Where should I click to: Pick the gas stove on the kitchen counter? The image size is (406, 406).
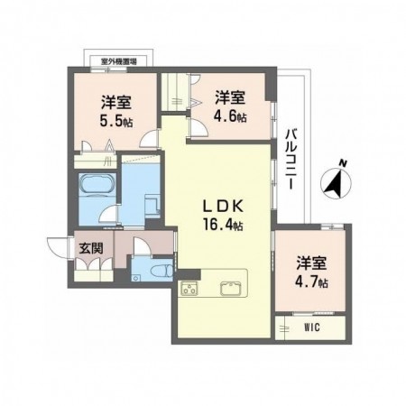click(x=191, y=290)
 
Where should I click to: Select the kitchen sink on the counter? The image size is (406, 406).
click(x=229, y=290)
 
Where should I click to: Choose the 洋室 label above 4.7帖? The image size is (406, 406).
click(x=312, y=263)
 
